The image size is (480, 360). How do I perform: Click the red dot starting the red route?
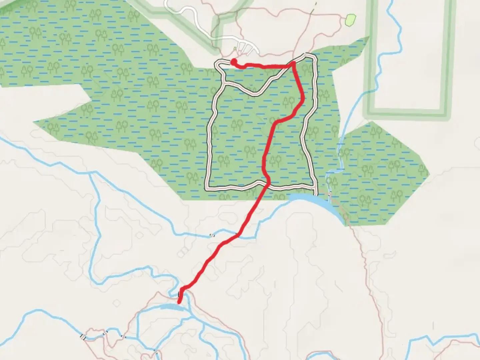(234, 61)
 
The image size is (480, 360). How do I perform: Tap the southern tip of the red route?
(179, 303)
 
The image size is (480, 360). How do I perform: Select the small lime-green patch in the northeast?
(350, 20)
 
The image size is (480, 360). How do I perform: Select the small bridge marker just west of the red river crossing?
(211, 235)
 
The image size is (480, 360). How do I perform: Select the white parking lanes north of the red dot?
(247, 48)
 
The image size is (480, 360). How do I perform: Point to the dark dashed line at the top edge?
(313, 8)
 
